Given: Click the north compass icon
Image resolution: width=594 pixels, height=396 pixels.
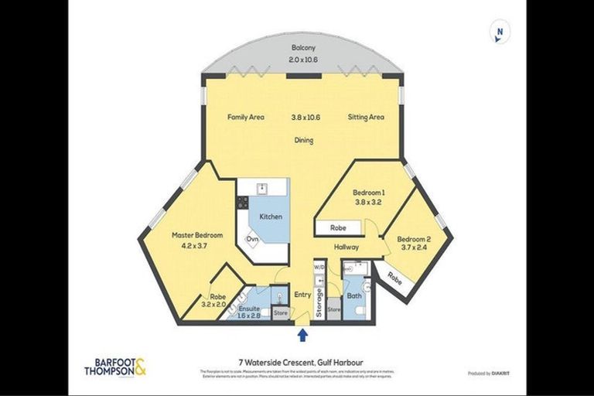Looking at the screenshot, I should (x=500, y=32).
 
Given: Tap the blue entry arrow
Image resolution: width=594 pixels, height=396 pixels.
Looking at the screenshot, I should (x=302, y=335).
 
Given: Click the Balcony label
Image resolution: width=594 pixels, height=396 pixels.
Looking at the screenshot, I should (x=304, y=49).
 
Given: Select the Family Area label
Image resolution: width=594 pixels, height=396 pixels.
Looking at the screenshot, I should (x=245, y=118).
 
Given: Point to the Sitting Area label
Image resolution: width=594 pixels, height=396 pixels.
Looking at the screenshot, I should (x=366, y=118).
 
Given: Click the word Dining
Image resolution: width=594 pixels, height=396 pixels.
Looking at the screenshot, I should (x=303, y=140).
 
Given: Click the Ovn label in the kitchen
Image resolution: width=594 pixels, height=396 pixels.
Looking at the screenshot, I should (x=252, y=240).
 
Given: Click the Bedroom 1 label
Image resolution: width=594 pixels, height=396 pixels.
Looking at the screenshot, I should (x=368, y=193).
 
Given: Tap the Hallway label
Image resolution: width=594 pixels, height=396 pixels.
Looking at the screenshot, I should (x=346, y=247).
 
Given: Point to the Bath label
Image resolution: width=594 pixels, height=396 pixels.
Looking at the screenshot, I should (x=354, y=295).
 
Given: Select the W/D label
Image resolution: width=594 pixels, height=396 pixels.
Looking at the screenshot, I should (x=319, y=268).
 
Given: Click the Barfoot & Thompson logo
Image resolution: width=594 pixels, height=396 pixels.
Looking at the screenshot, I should (x=114, y=366).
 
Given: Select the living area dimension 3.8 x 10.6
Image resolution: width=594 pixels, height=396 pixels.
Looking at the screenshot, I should (x=306, y=118).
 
